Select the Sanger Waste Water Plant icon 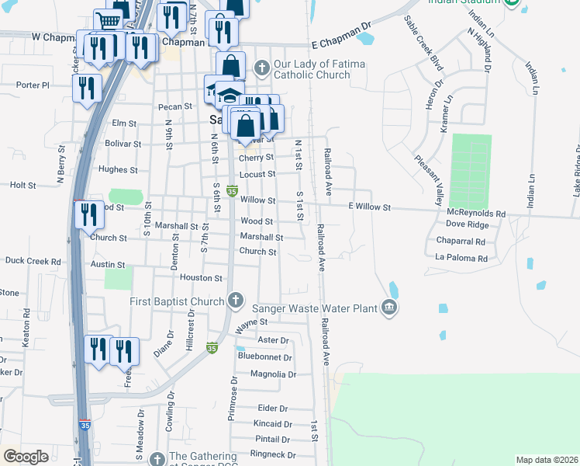click(x=389, y=308)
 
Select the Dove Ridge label click(x=467, y=224)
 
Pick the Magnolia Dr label click(x=268, y=374)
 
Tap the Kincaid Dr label click(x=272, y=424)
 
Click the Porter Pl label click(x=33, y=85)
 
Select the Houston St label click(x=201, y=277)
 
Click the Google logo click(x=26, y=457)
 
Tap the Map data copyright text click(x=546, y=460)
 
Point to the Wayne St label click(x=252, y=321)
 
